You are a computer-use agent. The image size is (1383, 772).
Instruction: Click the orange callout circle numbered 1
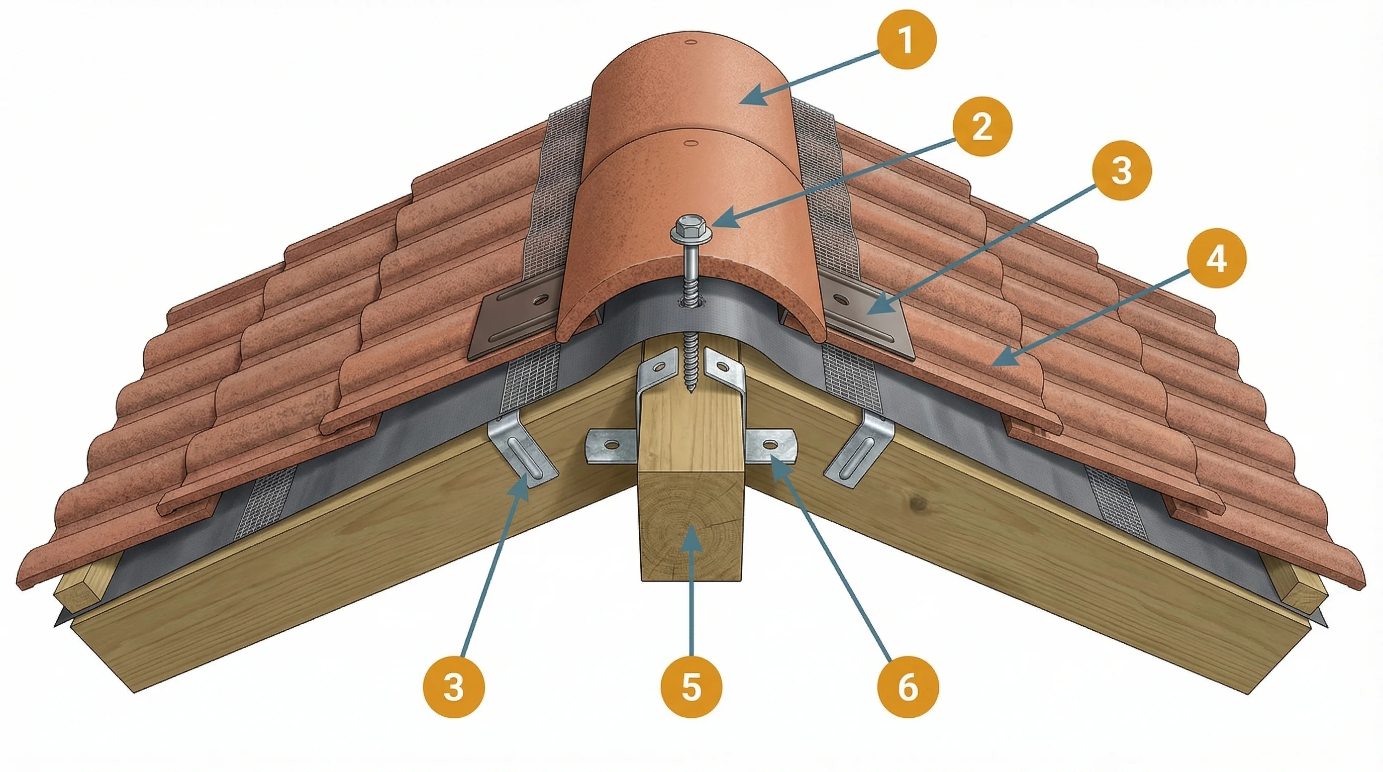[x=907, y=40]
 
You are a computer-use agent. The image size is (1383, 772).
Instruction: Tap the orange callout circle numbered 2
[x=982, y=127]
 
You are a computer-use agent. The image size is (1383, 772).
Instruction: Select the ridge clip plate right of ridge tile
[x=864, y=317]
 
